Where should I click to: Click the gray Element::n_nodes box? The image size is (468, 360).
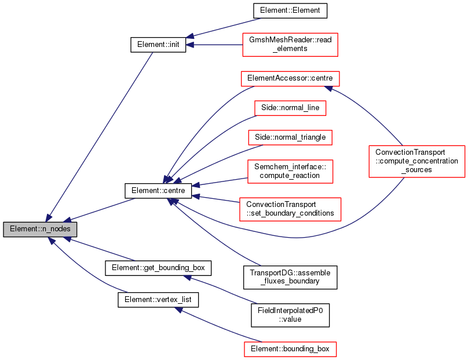[40, 229]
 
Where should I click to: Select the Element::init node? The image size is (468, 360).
[158, 45]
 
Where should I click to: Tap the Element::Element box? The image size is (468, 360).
[290, 10]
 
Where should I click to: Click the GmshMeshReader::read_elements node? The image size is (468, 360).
[290, 45]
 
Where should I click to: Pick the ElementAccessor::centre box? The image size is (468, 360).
[290, 79]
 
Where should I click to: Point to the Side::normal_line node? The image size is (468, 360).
[290, 108]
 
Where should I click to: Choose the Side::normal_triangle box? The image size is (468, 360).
[290, 137]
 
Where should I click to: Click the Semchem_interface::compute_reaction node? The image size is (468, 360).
[290, 171]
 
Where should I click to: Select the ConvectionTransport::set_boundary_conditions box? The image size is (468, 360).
[290, 209]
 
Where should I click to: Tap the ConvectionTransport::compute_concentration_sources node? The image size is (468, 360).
[416, 161]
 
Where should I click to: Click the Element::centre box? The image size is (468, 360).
[158, 191]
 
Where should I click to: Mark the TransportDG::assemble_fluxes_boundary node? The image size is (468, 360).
[290, 277]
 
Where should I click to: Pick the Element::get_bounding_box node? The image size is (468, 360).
[158, 268]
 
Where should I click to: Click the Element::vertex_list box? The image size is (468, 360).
[158, 300]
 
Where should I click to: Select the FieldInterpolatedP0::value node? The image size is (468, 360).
[290, 315]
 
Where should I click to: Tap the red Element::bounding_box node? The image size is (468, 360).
[290, 349]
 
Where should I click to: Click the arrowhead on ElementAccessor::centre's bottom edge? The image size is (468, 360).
[328, 89]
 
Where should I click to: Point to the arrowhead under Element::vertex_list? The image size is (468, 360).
[179, 310]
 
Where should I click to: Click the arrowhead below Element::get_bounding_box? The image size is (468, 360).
[188, 278]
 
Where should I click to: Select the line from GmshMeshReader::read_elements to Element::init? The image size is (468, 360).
[214, 45]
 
